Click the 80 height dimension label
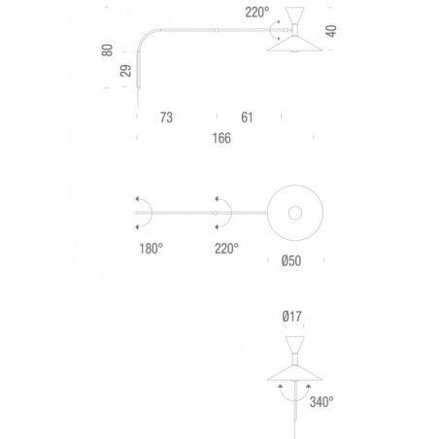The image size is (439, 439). [107, 51]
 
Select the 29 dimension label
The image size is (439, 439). [125, 71]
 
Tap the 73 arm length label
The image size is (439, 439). [166, 118]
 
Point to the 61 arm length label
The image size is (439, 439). [247, 118]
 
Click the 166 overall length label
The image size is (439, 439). [221, 138]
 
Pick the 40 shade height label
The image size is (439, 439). [331, 31]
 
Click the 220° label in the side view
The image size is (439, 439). [257, 13]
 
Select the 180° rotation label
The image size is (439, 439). [151, 249]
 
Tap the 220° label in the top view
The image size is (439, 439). [226, 249]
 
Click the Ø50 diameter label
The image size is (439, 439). [291, 261]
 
